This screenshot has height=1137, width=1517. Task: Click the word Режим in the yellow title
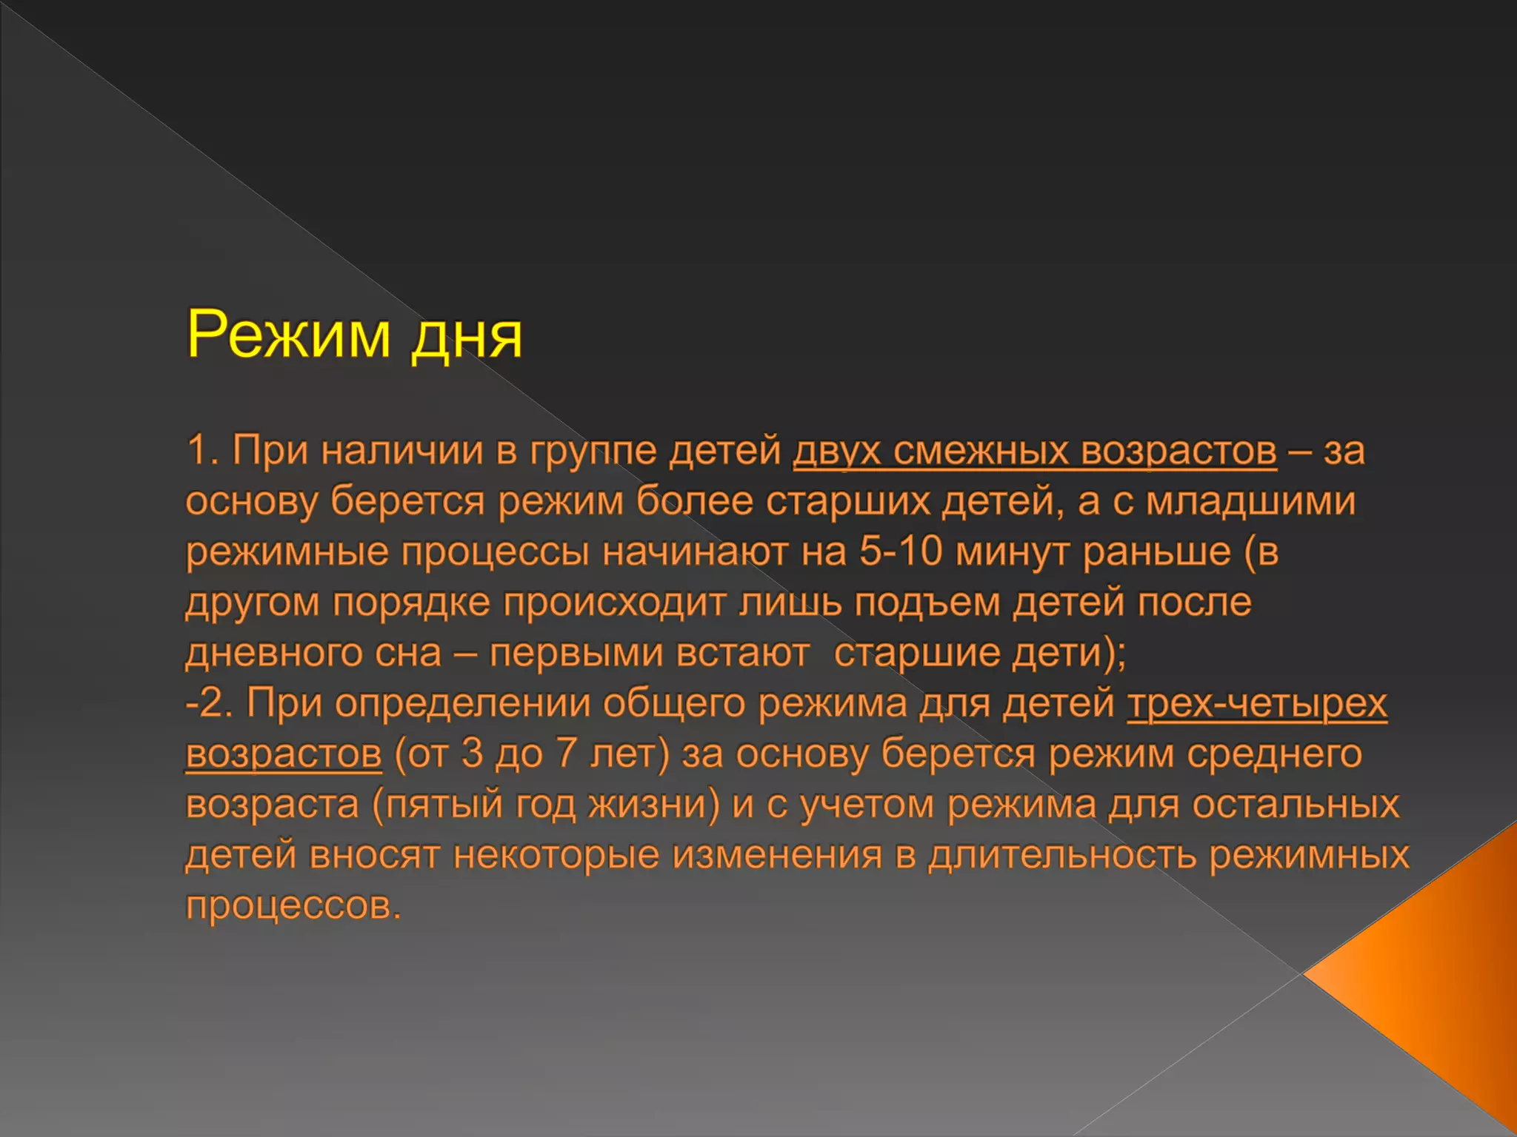pos(288,335)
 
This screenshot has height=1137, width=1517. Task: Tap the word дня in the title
pos(467,338)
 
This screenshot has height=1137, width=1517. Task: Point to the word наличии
pos(402,451)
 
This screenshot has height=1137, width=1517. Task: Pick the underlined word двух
pos(836,451)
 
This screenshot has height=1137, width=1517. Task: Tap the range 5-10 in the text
pos(901,551)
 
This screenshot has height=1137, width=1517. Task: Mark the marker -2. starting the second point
pos(209,702)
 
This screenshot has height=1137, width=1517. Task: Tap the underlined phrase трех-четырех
pos(1257,703)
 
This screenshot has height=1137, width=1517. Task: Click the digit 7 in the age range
pos(566,753)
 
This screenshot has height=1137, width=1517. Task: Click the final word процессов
pos(293,905)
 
